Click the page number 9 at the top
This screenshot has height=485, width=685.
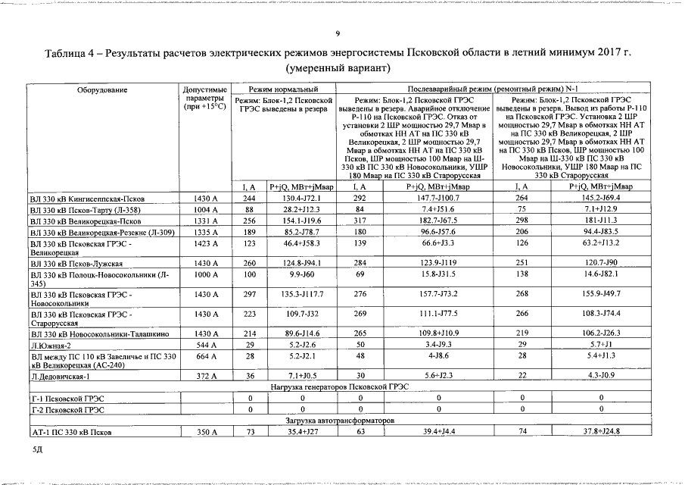click(x=339, y=33)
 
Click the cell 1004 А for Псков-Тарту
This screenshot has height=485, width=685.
click(x=205, y=210)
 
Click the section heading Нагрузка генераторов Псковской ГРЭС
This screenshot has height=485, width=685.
click(x=340, y=386)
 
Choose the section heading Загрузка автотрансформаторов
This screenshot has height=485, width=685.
click(x=340, y=420)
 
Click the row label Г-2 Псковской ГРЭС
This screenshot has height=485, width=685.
click(x=67, y=409)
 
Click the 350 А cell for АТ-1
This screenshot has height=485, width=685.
click(x=205, y=431)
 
